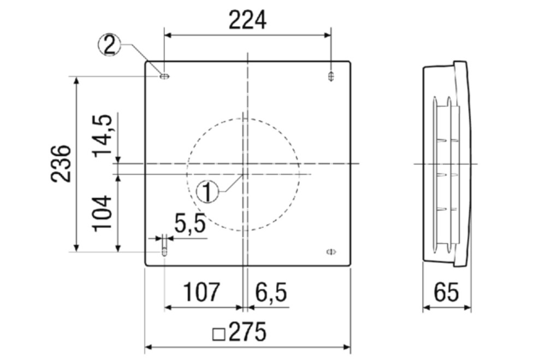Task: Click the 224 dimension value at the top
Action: [247, 20]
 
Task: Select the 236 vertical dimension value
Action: [61, 163]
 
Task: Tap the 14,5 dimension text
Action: [103, 135]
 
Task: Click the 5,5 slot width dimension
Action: [190, 224]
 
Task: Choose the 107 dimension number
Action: [202, 292]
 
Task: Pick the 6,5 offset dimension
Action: [271, 292]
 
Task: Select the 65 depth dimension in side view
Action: [446, 292]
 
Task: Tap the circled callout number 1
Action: [207, 192]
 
